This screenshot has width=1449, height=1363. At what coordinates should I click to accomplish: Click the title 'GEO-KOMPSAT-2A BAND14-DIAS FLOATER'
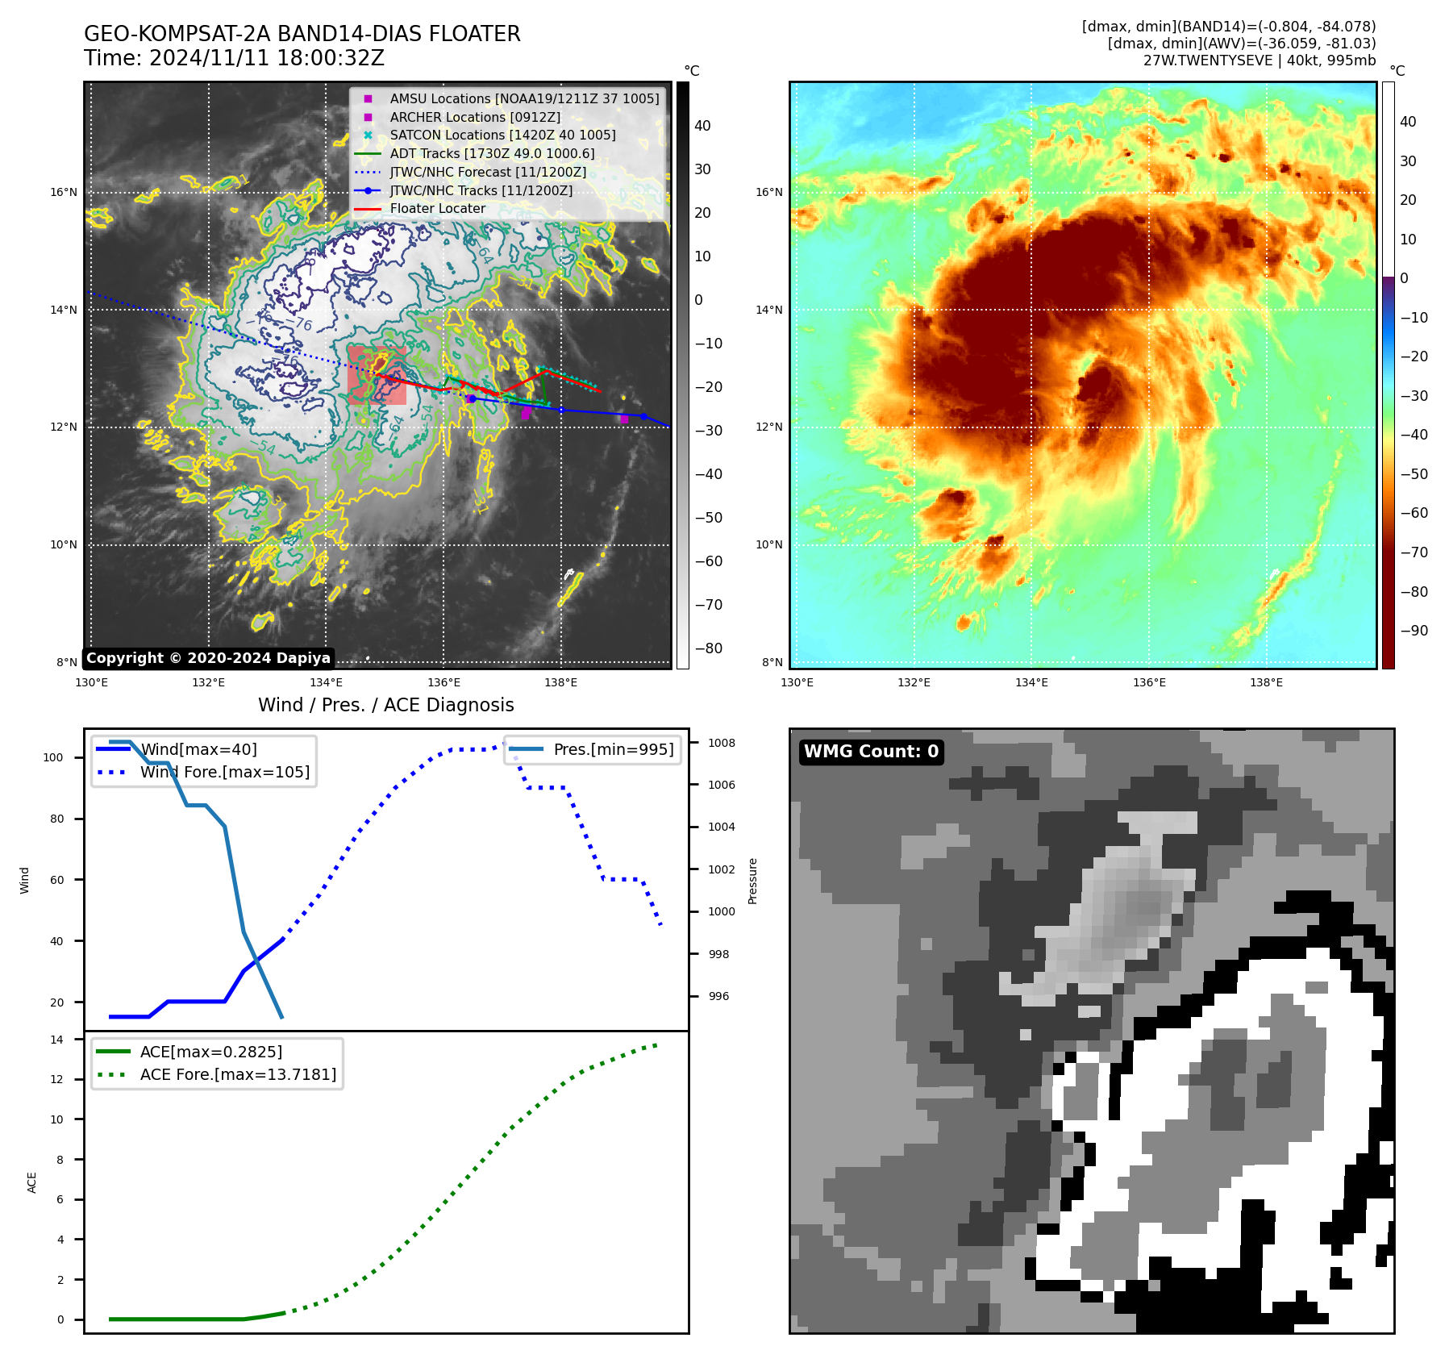click(x=302, y=34)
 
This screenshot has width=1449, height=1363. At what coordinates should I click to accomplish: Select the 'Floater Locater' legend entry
click(x=437, y=208)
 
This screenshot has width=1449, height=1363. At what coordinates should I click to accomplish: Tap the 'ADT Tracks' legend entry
click(x=492, y=153)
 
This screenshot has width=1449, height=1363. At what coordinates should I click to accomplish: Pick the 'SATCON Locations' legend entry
click(x=502, y=135)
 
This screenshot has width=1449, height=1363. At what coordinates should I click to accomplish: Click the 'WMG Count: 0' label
click(x=871, y=752)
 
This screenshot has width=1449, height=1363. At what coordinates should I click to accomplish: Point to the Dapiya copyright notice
click(x=208, y=658)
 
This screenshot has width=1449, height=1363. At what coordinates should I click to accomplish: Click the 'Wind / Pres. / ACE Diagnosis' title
click(x=385, y=705)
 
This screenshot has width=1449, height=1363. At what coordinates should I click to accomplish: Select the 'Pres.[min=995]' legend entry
click(x=613, y=749)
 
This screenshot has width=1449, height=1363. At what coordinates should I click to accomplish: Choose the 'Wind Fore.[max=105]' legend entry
click(x=224, y=772)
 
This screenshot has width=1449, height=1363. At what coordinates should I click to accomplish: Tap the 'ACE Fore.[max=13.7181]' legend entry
click(x=238, y=1074)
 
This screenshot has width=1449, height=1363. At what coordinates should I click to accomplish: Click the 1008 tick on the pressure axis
click(x=722, y=743)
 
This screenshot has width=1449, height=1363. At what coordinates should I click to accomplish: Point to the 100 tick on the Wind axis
click(x=53, y=757)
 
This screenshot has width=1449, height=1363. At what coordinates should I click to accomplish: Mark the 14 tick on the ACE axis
click(x=56, y=1040)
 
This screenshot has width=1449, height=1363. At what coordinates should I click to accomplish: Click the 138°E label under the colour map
click(x=1266, y=682)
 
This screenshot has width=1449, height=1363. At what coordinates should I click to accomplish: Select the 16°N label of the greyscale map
click(x=64, y=192)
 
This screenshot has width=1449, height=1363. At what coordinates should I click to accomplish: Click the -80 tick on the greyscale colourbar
click(x=709, y=648)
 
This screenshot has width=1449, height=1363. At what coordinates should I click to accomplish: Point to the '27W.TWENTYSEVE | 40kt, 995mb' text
click(x=1259, y=60)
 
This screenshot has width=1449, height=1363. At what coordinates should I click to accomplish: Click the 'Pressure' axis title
click(x=752, y=881)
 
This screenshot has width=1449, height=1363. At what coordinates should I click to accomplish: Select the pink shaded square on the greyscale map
click(x=377, y=375)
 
